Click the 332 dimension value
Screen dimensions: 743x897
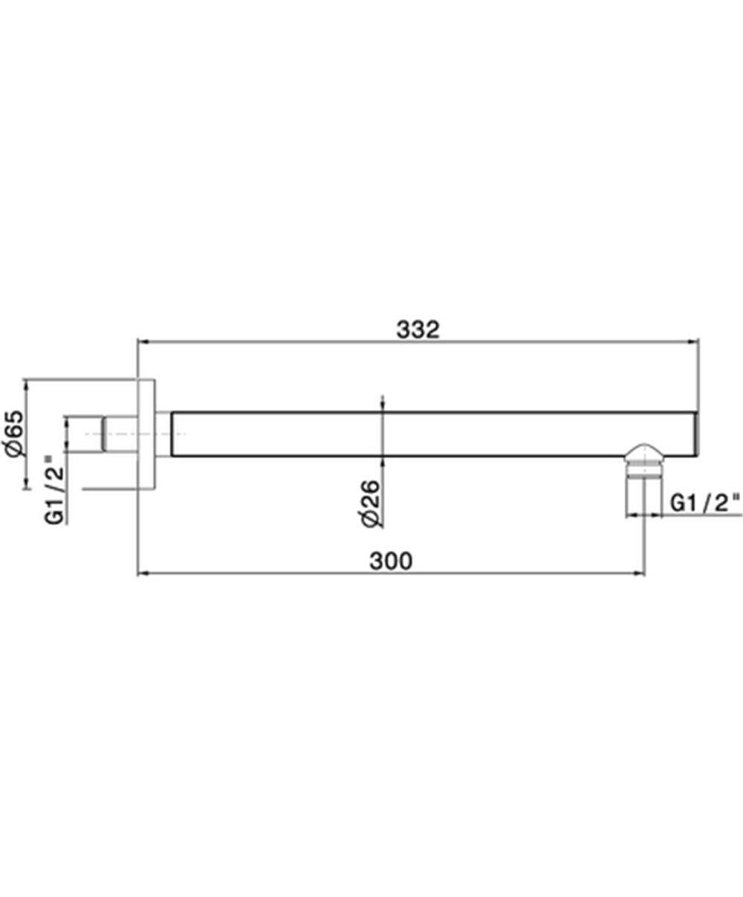click(418, 330)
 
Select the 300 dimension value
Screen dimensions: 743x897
click(391, 561)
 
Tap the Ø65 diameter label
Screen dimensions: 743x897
click(14, 434)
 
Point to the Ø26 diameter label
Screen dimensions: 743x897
click(370, 503)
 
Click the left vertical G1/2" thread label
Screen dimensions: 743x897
click(54, 490)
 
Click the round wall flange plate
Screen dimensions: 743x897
click(146, 434)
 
